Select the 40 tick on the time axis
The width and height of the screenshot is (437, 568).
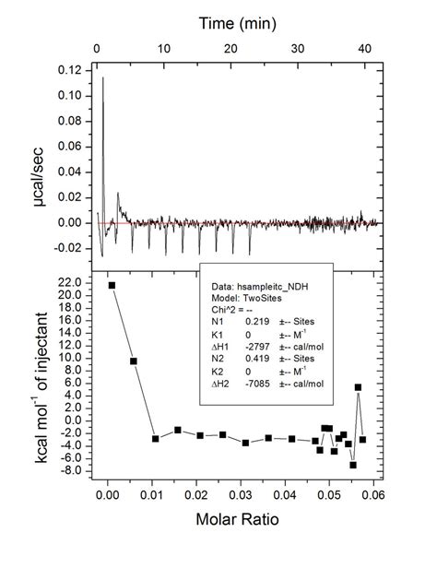(x=364, y=46)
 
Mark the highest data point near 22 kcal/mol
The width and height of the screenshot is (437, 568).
(x=112, y=285)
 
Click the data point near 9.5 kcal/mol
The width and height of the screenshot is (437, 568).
(x=134, y=361)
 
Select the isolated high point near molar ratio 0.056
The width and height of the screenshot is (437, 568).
(x=358, y=387)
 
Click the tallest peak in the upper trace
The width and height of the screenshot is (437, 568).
(x=102, y=78)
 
